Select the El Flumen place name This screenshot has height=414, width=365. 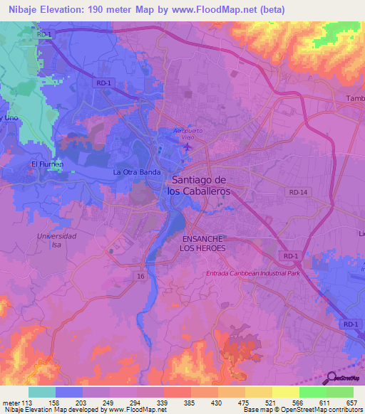(x=47, y=164)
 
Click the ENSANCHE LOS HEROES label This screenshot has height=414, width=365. (x=204, y=243)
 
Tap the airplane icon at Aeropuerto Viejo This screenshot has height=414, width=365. (x=187, y=147)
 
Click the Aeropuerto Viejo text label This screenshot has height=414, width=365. (x=188, y=134)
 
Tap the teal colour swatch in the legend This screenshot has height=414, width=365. (x=41, y=392)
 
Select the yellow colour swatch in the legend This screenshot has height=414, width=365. (x=285, y=392)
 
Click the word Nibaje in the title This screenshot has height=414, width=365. (x=20, y=9)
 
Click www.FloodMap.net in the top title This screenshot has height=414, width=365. (x=214, y=9)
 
